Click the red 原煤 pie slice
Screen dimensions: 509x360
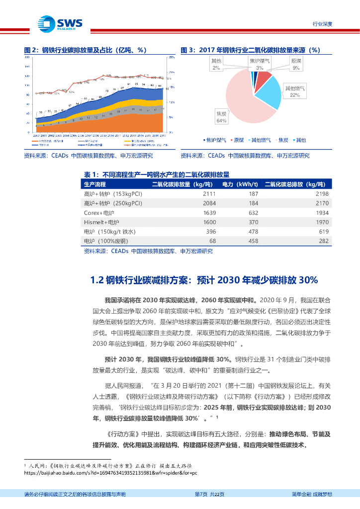pos(264,78)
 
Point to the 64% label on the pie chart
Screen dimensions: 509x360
pos(221,121)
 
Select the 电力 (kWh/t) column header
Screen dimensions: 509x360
pos(240,184)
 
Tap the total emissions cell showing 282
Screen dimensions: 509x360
pos(324,241)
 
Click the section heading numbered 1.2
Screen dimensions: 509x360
pos(204,280)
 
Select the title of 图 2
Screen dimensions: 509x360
pos(86,50)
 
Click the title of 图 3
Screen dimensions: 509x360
pos(249,50)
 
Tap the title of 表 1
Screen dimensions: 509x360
pos(156,174)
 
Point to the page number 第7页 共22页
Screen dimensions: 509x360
pos(209,494)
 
